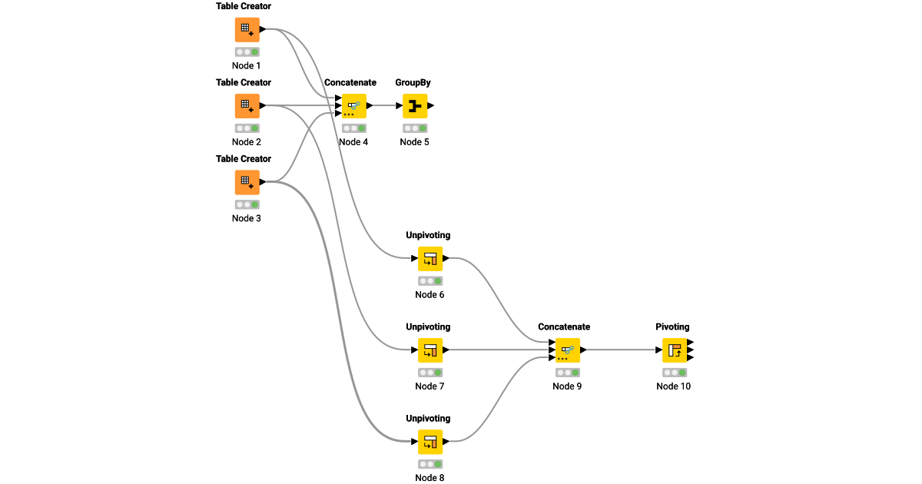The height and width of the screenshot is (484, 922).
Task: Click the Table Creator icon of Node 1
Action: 247,30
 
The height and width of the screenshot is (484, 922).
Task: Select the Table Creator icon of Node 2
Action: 247,106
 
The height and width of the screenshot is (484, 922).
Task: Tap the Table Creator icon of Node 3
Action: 247,182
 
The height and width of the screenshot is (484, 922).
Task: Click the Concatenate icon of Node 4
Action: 353,106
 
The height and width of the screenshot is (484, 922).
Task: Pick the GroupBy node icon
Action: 414,106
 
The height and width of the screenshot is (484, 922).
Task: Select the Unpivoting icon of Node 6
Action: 429,259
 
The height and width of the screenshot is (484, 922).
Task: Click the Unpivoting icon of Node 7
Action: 429,350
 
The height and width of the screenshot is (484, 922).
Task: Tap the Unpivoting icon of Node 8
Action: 429,442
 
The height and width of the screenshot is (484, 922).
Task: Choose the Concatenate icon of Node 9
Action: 567,350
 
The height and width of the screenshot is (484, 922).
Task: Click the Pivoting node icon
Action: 674,350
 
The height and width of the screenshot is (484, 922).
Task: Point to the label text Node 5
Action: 414,142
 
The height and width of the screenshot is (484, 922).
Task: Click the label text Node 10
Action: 673,386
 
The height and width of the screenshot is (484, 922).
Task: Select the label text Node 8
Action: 429,478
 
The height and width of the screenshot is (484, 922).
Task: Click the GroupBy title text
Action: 413,82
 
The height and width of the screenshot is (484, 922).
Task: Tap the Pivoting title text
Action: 672,327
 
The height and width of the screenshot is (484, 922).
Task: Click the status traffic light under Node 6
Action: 429,281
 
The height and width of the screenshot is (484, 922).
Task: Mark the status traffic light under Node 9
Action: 567,373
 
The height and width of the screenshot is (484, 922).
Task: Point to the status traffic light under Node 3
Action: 247,204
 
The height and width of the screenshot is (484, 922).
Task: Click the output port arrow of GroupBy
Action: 431,106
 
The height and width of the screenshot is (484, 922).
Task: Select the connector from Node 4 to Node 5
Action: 383,106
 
